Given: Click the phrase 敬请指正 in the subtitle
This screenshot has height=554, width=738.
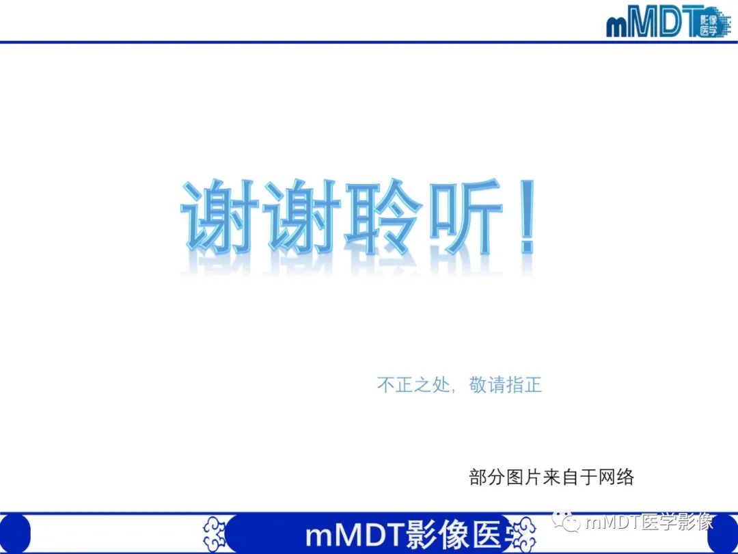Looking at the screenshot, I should click(x=506, y=385).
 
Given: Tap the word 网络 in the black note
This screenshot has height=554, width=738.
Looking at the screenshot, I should click(x=616, y=477).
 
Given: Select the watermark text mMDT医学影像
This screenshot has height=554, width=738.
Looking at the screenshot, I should click(x=649, y=523).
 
